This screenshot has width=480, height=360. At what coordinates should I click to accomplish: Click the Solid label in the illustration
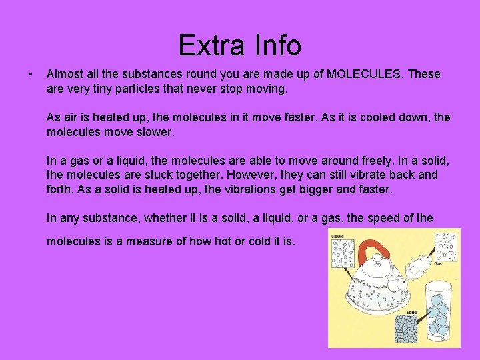coord(413,312)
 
